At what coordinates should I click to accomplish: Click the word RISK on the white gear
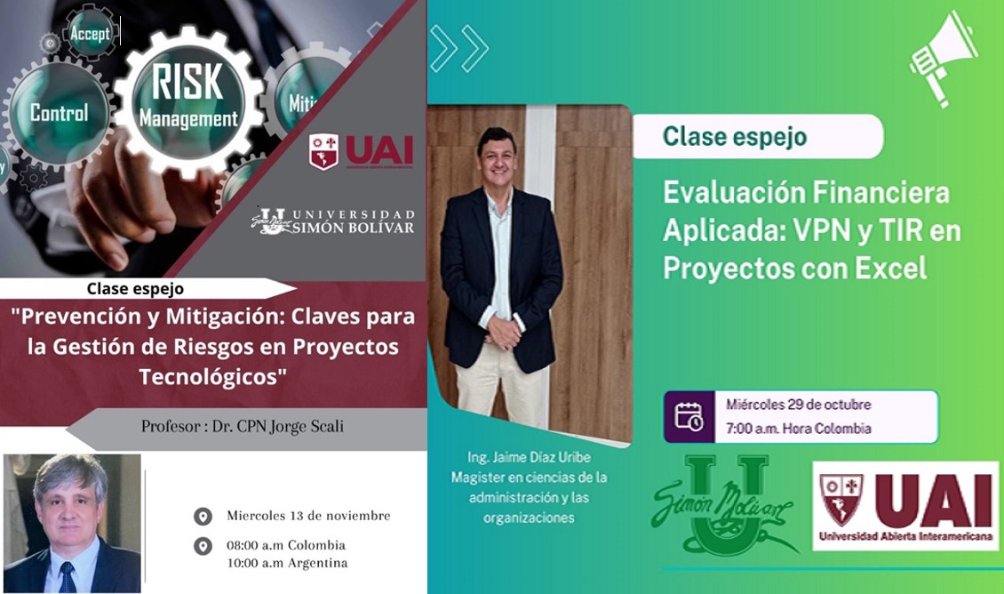tap(187, 82)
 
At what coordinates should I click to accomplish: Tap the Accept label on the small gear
tap(91, 33)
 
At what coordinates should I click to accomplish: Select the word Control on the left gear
tap(59, 113)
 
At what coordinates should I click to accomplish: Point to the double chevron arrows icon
tap(459, 48)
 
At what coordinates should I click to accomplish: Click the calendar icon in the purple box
tap(689, 416)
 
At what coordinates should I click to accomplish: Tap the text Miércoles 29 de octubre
tap(798, 405)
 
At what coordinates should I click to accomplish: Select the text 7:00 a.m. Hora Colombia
tap(798, 428)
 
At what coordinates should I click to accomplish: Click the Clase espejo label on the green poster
tap(735, 136)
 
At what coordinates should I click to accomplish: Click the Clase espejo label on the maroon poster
tap(135, 289)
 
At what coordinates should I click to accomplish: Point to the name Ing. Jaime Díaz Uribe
tap(529, 457)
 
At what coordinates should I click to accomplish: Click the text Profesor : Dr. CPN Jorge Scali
tap(243, 426)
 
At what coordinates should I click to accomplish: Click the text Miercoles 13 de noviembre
tap(308, 515)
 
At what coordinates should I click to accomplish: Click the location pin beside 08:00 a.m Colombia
tap(203, 547)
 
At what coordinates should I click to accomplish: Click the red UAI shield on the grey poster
tap(323, 151)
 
